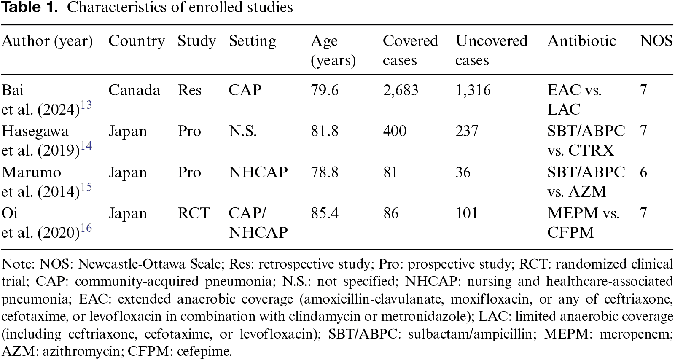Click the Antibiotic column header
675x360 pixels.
581,40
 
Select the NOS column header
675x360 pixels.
656,40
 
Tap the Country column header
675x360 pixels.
137,41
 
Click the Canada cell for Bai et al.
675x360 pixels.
134,90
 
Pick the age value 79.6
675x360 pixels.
325,90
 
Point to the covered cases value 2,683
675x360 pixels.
401,90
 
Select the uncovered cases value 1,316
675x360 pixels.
473,90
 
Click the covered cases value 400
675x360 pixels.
395,131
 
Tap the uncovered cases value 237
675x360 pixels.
467,131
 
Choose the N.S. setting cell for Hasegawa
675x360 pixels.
242,131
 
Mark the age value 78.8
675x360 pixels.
325,172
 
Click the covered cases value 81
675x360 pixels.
390,172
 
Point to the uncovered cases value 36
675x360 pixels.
463,172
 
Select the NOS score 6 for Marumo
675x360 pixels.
643,172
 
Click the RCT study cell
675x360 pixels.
194,213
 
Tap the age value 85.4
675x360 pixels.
325,213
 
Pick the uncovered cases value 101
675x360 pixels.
466,213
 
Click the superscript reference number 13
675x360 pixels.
86,105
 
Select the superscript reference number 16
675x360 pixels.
86,228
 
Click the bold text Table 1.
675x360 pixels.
30,7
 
